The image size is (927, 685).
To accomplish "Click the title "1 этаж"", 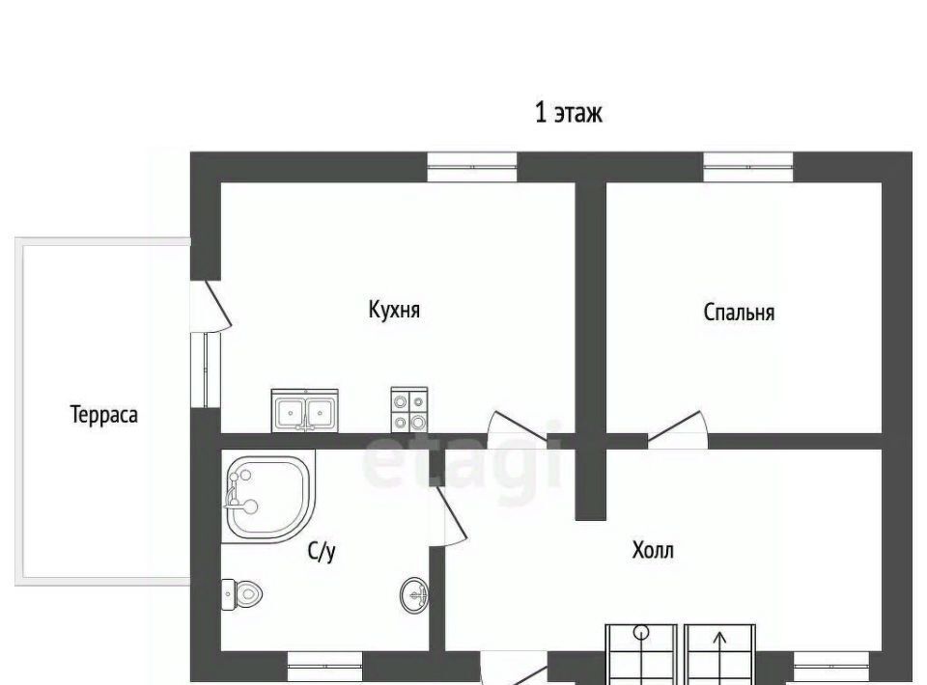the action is point(568,112).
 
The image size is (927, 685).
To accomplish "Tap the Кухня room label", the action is point(394,310).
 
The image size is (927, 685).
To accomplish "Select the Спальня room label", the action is point(739,312).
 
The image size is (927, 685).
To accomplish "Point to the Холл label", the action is point(653,550).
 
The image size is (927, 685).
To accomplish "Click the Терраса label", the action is point(104,415).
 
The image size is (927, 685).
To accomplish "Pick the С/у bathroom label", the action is point(323,552).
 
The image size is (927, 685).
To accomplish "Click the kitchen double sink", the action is point(304,410).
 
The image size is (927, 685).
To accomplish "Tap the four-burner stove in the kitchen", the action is point(409,410).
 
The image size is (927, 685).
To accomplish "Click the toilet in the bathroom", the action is point(241,594).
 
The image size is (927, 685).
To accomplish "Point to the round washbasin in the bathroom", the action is point(414,595).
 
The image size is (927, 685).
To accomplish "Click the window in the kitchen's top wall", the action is point(472,167).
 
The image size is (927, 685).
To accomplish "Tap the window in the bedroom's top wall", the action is point(748,167).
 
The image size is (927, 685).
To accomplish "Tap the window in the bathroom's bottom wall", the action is point(324,667).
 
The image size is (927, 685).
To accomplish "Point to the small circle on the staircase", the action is point(641,633).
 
